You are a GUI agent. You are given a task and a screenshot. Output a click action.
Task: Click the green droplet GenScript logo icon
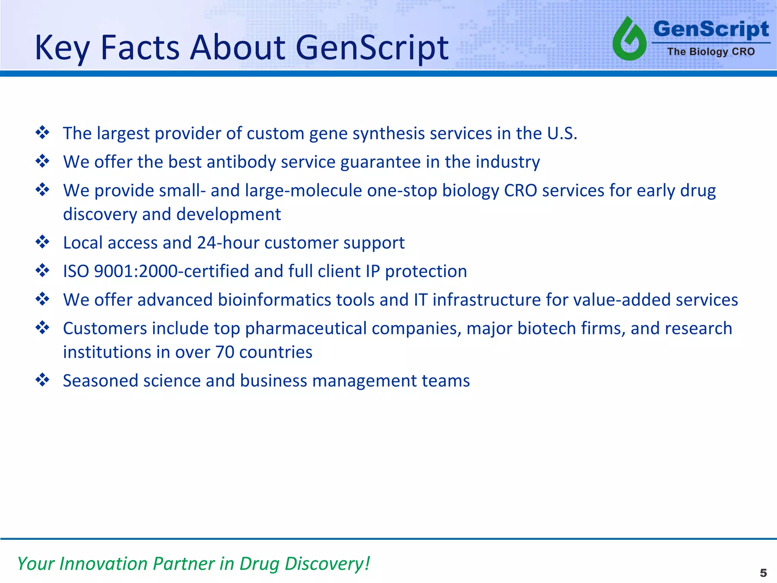(x=629, y=39)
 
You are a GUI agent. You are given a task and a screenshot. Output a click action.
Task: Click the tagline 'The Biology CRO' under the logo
(x=711, y=52)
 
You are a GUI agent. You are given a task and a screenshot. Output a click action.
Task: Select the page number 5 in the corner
(x=763, y=573)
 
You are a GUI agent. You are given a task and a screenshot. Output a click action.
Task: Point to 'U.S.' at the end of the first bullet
(x=562, y=134)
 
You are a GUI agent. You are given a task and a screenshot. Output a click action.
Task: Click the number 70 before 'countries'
(x=225, y=352)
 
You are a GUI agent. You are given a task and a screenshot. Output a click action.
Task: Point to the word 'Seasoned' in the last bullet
(x=100, y=381)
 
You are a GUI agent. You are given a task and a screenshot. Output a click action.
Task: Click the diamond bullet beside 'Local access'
(x=42, y=242)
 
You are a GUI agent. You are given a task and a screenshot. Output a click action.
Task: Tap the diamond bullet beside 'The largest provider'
(x=42, y=133)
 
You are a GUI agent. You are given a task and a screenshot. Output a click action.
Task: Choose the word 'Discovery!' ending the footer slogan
(x=327, y=564)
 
